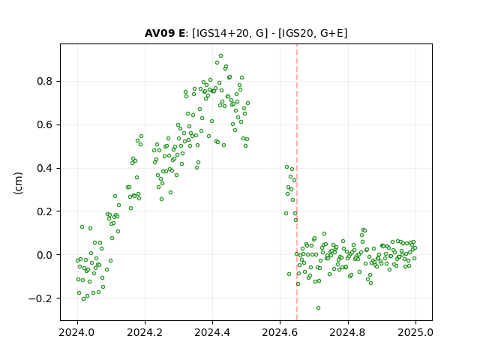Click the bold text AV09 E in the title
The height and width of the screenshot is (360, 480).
[x=165, y=33]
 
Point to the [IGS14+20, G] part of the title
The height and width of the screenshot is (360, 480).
[x=230, y=33]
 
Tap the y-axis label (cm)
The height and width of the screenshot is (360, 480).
[x=18, y=183]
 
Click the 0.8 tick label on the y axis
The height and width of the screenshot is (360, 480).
[x=45, y=82]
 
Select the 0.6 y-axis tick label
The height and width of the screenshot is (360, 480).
[x=45, y=125]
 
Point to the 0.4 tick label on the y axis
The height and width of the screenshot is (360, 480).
[x=45, y=168]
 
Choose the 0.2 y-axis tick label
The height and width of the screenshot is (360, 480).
[x=45, y=211]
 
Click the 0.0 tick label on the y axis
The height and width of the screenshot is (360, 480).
[x=45, y=255]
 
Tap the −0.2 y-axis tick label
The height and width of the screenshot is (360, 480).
[x=40, y=298]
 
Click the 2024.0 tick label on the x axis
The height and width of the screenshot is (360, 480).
[x=77, y=332]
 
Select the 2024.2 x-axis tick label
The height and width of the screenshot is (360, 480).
[x=145, y=332]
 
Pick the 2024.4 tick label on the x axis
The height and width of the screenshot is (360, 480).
[x=212, y=332]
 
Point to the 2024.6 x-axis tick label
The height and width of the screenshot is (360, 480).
[x=280, y=332]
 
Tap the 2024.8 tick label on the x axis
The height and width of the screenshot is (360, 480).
[x=348, y=332]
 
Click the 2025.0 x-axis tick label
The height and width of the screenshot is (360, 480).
[x=415, y=332]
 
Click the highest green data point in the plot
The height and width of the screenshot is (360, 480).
[x=220, y=56]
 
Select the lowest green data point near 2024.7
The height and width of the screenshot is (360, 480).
[x=318, y=308]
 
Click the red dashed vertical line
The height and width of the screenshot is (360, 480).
[x=297, y=182]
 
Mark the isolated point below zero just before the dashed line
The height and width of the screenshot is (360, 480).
[x=289, y=274]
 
